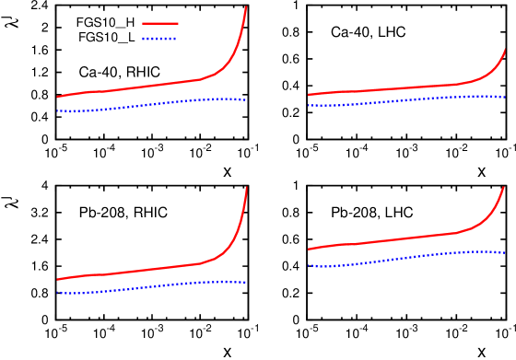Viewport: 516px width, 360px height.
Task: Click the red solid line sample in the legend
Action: click(159, 23)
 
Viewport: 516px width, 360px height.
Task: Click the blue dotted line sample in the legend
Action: click(159, 39)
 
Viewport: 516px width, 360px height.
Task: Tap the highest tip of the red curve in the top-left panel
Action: click(246, 7)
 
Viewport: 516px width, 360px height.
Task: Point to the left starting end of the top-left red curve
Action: click(57, 97)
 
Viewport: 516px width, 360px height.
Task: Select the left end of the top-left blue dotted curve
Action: click(57, 111)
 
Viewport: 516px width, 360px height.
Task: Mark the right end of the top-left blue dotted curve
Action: click(246, 99)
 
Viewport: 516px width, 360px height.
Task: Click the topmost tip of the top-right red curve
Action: click(505, 51)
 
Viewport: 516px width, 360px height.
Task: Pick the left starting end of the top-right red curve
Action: click(309, 95)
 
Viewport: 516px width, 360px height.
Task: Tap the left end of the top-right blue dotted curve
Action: click(309, 106)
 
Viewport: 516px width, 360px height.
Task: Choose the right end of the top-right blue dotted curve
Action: click(505, 97)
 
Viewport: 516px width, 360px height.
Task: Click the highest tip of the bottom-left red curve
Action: click(246, 188)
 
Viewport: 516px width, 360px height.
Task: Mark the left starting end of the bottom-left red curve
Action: click(57, 279)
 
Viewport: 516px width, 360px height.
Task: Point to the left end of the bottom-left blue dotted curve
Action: click(57, 293)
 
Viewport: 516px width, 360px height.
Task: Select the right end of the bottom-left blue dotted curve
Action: click(246, 283)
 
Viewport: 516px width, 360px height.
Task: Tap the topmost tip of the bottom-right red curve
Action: click(504, 188)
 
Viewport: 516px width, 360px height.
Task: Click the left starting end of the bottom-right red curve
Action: click(309, 249)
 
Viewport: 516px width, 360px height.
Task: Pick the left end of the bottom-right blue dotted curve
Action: click(309, 266)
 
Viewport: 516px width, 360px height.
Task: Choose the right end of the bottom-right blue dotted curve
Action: click(505, 252)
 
